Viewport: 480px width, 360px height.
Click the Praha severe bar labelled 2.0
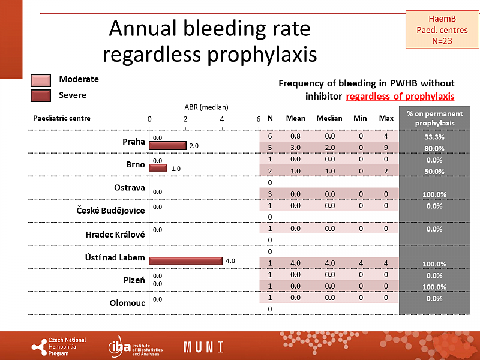point(168,146)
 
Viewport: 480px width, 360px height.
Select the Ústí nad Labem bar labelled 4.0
point(186,261)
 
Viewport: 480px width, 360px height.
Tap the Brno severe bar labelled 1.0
point(158,168)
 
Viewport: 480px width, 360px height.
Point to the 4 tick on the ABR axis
point(222,119)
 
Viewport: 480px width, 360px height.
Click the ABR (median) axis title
point(206,106)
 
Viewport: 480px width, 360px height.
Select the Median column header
point(329,118)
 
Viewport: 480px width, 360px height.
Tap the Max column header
point(386,118)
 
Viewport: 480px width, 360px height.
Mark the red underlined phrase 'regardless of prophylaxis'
point(400,96)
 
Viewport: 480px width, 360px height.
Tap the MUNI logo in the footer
point(203,347)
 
